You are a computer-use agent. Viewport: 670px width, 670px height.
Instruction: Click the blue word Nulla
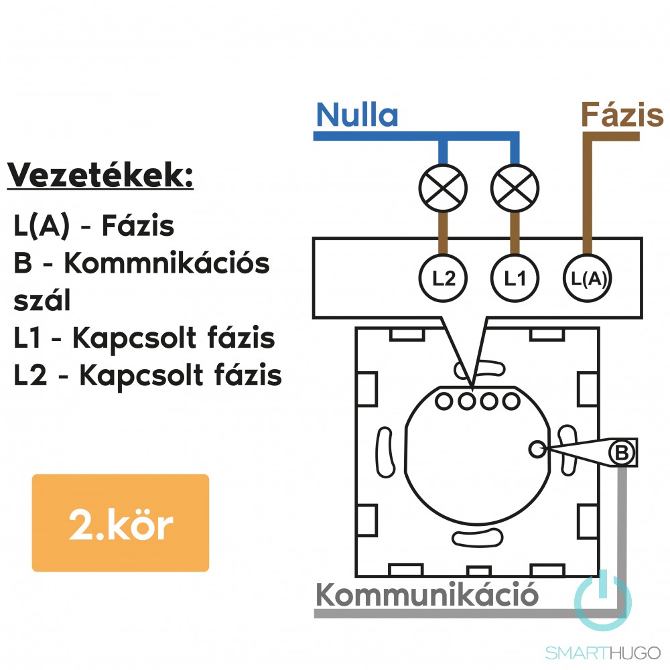pos(356,115)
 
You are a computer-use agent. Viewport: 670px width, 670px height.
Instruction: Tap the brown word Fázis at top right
pos(622,115)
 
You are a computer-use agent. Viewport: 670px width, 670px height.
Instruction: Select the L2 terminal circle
pos(444,278)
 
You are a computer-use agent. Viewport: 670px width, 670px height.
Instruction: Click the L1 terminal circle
pos(515,278)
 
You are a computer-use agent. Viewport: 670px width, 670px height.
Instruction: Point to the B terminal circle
pos(622,453)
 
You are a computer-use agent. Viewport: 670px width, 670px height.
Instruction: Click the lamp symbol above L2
pos(443,188)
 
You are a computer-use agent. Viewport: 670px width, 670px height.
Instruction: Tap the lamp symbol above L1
pos(515,188)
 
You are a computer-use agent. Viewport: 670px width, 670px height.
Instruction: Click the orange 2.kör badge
pos(121,523)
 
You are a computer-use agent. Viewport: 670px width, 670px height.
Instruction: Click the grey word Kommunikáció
pos(426,594)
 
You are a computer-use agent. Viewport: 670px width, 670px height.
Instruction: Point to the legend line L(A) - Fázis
pos(94,226)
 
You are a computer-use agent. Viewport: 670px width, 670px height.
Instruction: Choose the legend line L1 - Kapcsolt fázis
pos(144,338)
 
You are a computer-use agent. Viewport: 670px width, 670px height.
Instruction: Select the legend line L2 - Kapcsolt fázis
pos(147,376)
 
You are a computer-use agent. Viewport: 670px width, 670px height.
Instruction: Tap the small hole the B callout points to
pos(537,449)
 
